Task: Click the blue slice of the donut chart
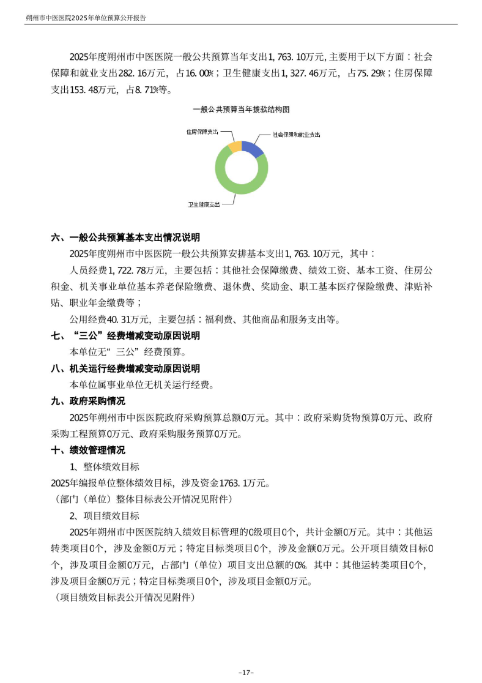[x=253, y=147]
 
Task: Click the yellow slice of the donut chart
[x=234, y=146]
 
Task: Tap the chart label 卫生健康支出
[x=204, y=204]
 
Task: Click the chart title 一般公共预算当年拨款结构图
[x=241, y=109]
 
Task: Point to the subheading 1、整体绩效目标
[x=105, y=467]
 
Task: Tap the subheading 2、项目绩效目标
[x=105, y=516]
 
